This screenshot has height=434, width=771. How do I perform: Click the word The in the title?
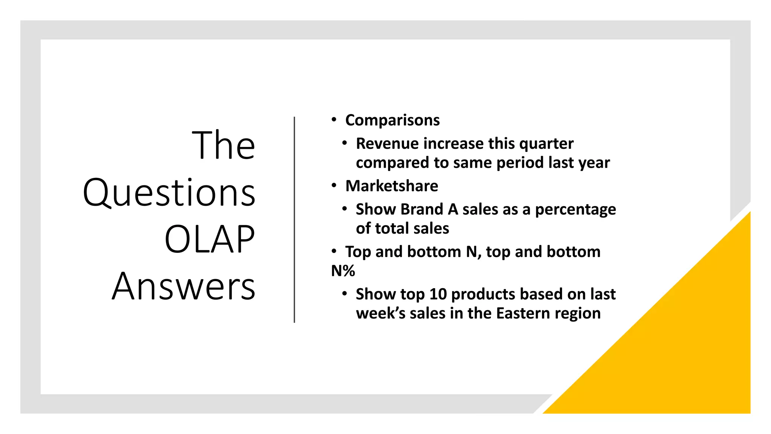224,145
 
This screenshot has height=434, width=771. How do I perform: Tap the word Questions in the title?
169,193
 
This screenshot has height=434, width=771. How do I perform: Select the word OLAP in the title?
210,240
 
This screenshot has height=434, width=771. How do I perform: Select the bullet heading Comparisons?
392,120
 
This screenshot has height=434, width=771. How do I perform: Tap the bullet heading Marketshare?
392,186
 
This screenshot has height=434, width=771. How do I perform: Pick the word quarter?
546,144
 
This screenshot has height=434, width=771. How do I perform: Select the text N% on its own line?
343,271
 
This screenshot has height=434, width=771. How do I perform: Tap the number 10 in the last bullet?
438,294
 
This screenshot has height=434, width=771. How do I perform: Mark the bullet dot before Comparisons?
334,120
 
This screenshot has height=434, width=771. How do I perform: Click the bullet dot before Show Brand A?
344,209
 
